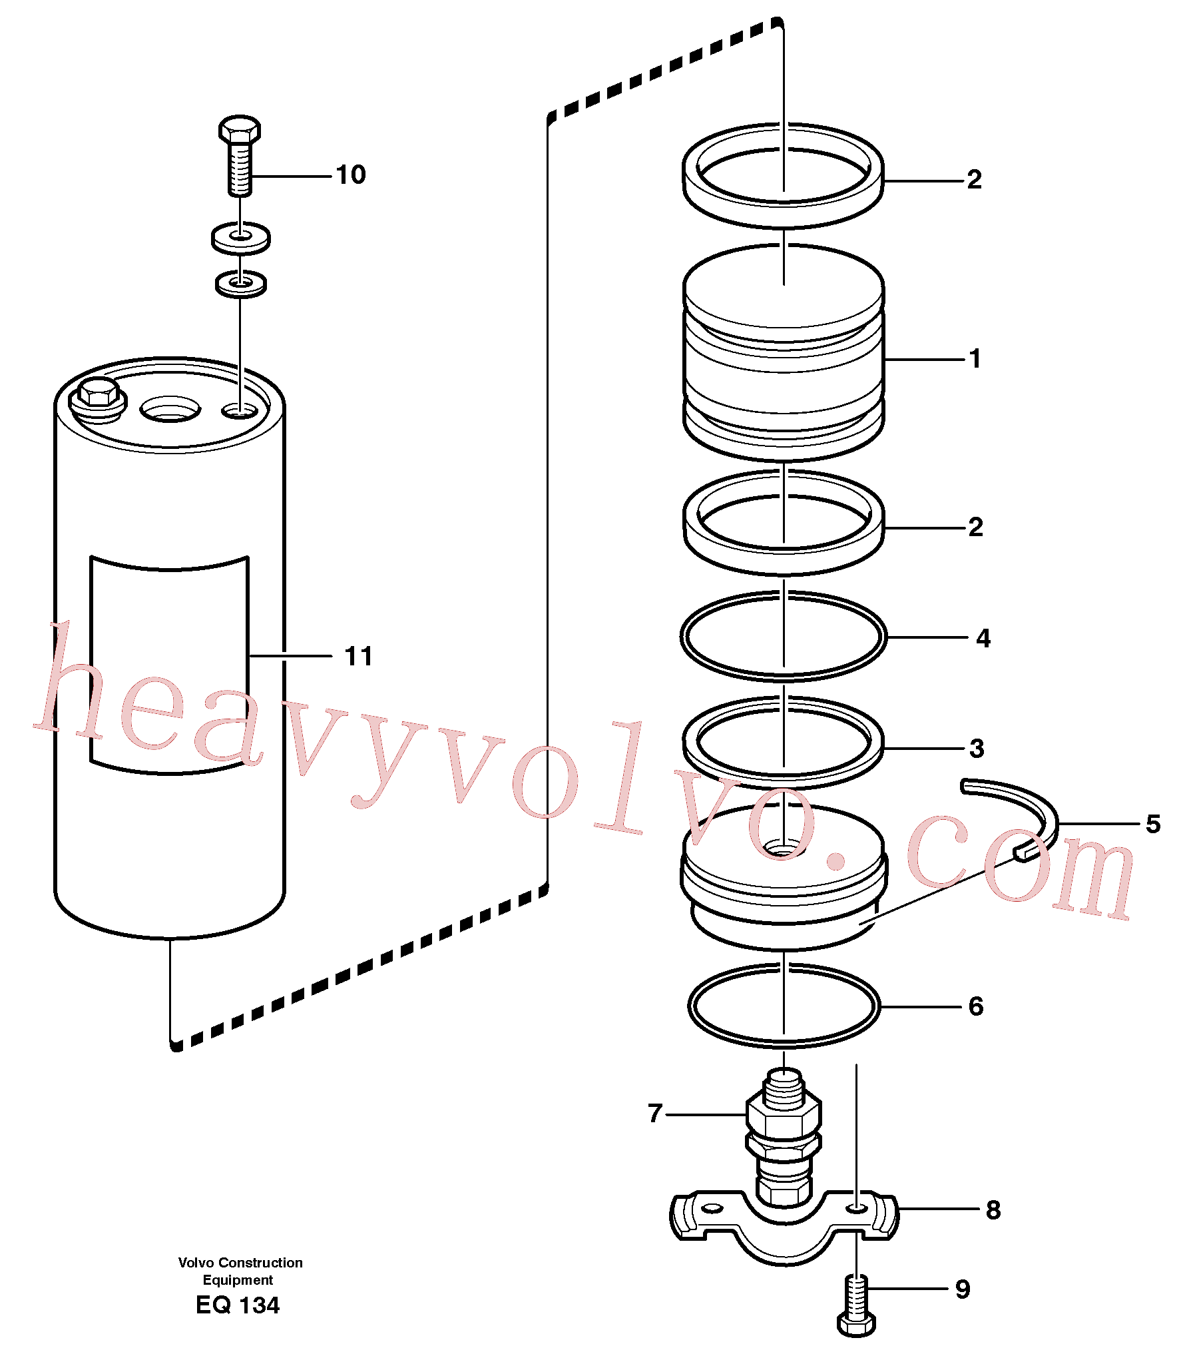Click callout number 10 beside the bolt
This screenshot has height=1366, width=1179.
click(351, 175)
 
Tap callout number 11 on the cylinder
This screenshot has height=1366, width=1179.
click(358, 657)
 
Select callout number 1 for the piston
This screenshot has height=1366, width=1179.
click(975, 359)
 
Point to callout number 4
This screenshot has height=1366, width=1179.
click(983, 639)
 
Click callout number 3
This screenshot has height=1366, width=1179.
click(976, 749)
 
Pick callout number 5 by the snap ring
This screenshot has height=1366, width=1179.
click(1153, 825)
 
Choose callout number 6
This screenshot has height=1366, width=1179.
click(976, 1006)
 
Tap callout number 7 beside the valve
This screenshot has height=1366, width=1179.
click(655, 1113)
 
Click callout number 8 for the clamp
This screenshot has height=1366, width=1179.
click(993, 1210)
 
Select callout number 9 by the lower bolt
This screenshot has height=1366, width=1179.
click(963, 1289)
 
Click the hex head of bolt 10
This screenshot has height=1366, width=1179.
click(240, 130)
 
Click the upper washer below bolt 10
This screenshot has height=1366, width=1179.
click(240, 238)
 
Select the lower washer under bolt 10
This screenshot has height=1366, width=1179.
click(241, 284)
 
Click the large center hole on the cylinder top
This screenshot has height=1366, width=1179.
click(170, 409)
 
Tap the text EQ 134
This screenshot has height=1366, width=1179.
click(238, 1305)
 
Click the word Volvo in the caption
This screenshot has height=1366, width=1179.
click(196, 1263)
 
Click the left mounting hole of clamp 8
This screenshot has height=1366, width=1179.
click(712, 1208)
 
